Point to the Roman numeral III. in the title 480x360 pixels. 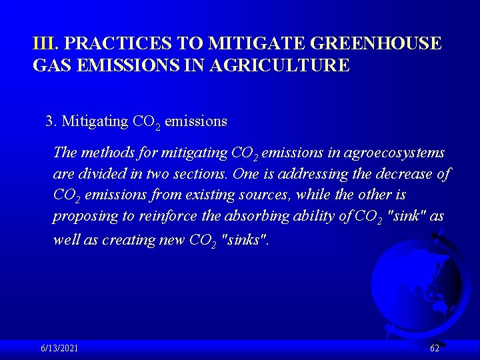coord(46,44)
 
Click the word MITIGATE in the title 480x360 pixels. coord(254,44)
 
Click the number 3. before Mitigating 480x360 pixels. coord(51,121)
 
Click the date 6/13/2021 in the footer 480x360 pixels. coord(59,349)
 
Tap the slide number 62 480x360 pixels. coord(435,349)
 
